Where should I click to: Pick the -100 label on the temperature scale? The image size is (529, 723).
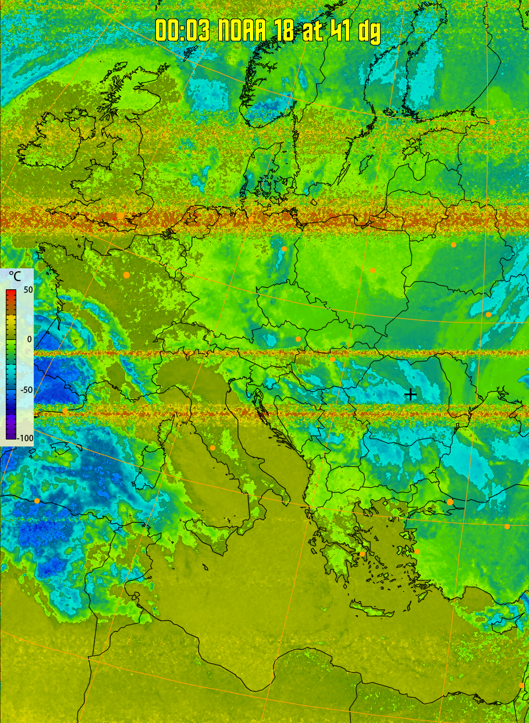click(24, 438)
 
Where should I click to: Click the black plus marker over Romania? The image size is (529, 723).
click(410, 394)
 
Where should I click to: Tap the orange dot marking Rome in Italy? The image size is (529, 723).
click(213, 448)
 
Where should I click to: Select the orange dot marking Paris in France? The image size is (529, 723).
click(126, 275)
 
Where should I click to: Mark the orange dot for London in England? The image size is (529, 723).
click(120, 216)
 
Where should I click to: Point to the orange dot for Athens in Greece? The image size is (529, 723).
click(363, 554)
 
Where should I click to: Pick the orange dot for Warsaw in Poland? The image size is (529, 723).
click(372, 270)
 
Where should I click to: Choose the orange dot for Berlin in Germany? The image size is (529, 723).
click(284, 249)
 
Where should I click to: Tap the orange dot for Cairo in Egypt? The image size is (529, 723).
click(521, 685)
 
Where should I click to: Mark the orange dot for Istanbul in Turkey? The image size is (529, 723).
click(450, 502)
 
